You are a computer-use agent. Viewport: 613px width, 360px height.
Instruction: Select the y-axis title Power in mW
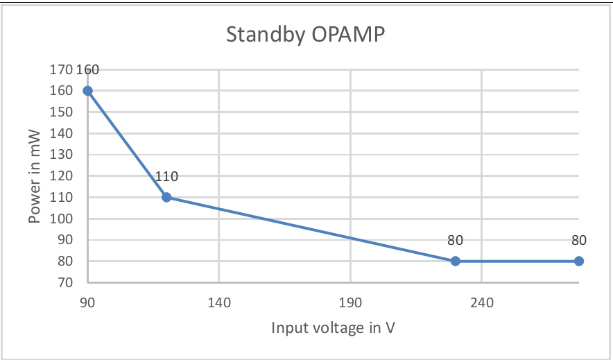click(x=35, y=176)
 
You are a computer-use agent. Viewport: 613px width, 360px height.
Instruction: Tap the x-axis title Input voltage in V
click(x=334, y=327)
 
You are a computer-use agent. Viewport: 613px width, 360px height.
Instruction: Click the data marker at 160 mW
click(x=88, y=90)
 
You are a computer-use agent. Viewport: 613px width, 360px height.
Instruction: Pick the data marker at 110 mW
click(x=166, y=197)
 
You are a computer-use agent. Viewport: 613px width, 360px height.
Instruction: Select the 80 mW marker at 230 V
click(x=456, y=261)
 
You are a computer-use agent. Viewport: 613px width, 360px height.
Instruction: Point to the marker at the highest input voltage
click(x=579, y=261)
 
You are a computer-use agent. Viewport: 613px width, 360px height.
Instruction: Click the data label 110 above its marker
click(x=166, y=177)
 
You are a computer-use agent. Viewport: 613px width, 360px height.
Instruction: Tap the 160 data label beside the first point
click(x=88, y=69)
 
